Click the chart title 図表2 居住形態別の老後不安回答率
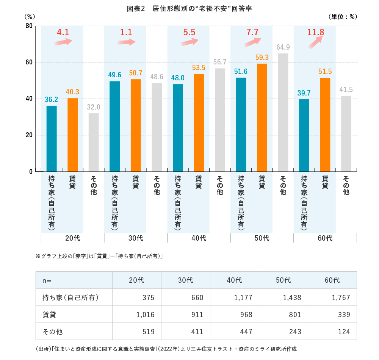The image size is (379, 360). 189,8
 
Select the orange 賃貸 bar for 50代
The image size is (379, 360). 262,117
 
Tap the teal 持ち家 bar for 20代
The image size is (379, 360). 52,138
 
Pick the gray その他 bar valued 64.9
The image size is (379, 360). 283,112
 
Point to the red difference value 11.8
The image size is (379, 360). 315,32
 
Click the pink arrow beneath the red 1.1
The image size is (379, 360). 126,42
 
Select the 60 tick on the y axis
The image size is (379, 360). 28,62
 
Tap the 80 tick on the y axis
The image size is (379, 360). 28,26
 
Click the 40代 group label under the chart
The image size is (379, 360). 199,238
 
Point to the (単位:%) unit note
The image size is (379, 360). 341,17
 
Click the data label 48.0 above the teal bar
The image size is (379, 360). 178,78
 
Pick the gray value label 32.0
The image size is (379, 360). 94,107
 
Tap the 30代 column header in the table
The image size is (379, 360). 186,280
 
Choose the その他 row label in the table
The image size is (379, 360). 53,332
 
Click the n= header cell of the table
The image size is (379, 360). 47,280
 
